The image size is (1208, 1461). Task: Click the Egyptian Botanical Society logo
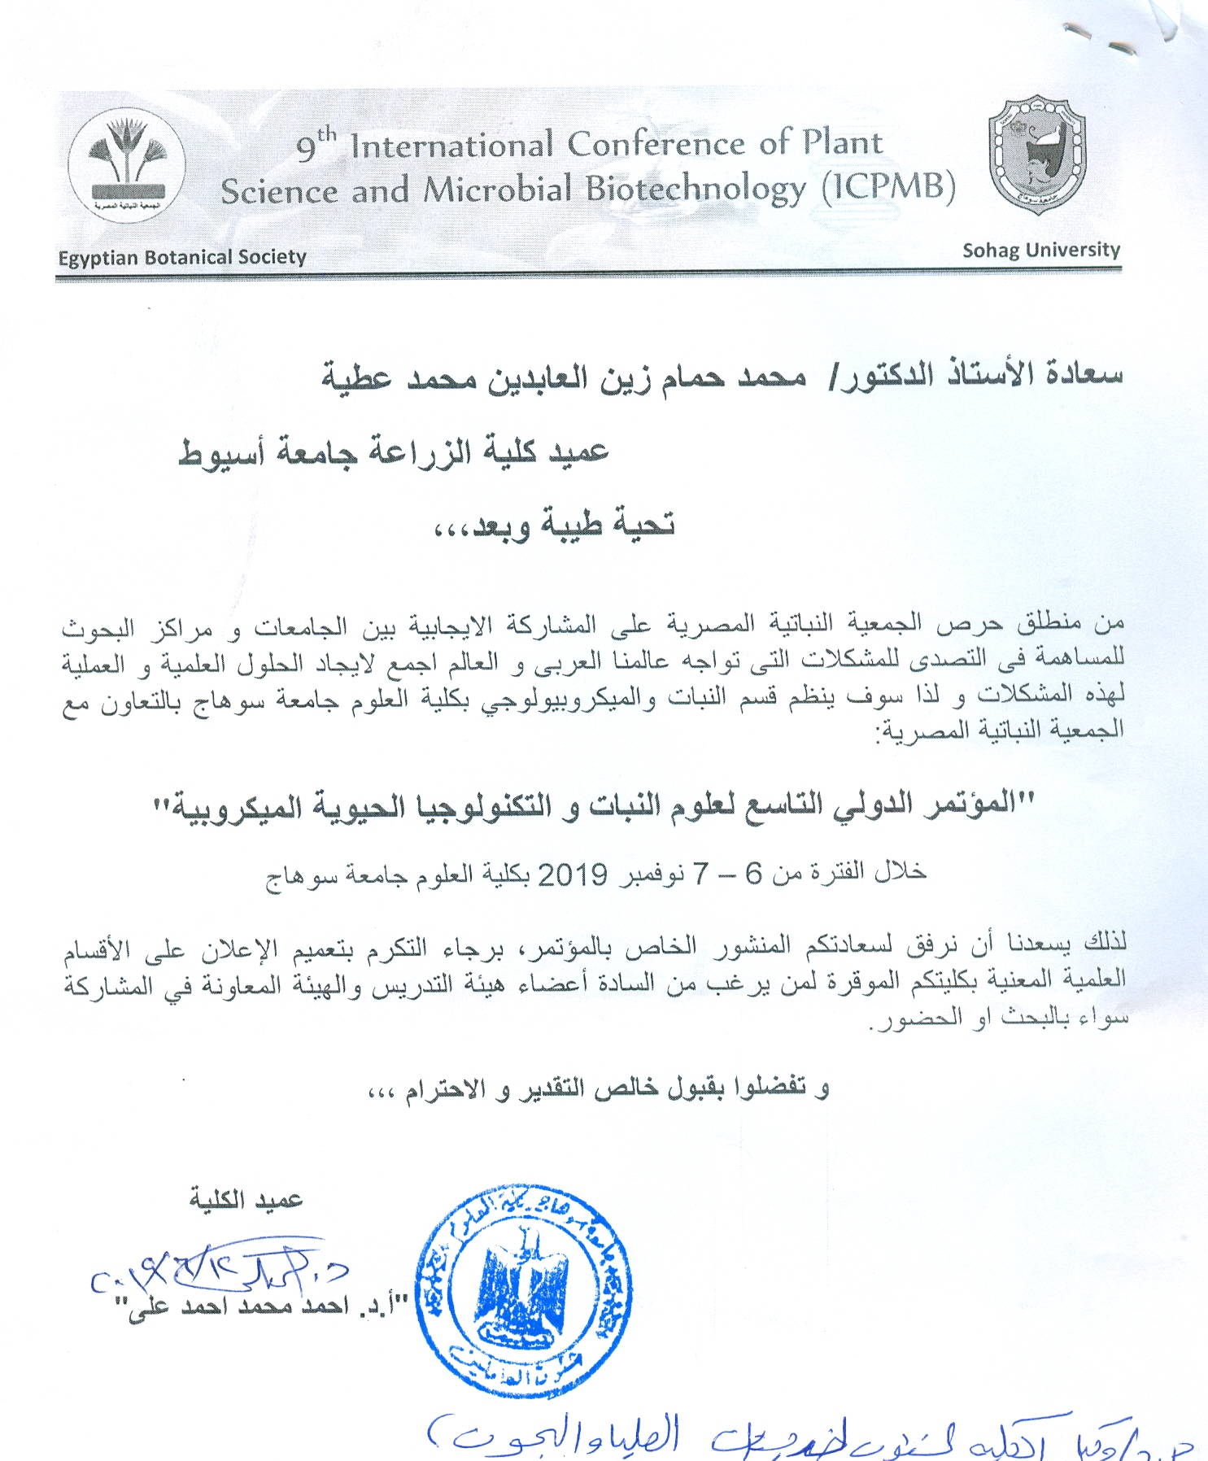click(126, 165)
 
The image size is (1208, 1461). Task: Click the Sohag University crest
click(1036, 155)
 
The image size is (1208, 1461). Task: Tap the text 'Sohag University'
click(1040, 250)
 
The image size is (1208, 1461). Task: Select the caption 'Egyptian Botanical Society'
click(182, 258)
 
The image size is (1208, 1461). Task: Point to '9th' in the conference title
click(316, 146)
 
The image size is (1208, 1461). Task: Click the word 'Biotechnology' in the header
click(696, 190)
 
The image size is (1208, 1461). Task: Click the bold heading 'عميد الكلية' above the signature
click(246, 1200)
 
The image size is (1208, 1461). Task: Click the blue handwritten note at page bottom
click(805, 1435)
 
